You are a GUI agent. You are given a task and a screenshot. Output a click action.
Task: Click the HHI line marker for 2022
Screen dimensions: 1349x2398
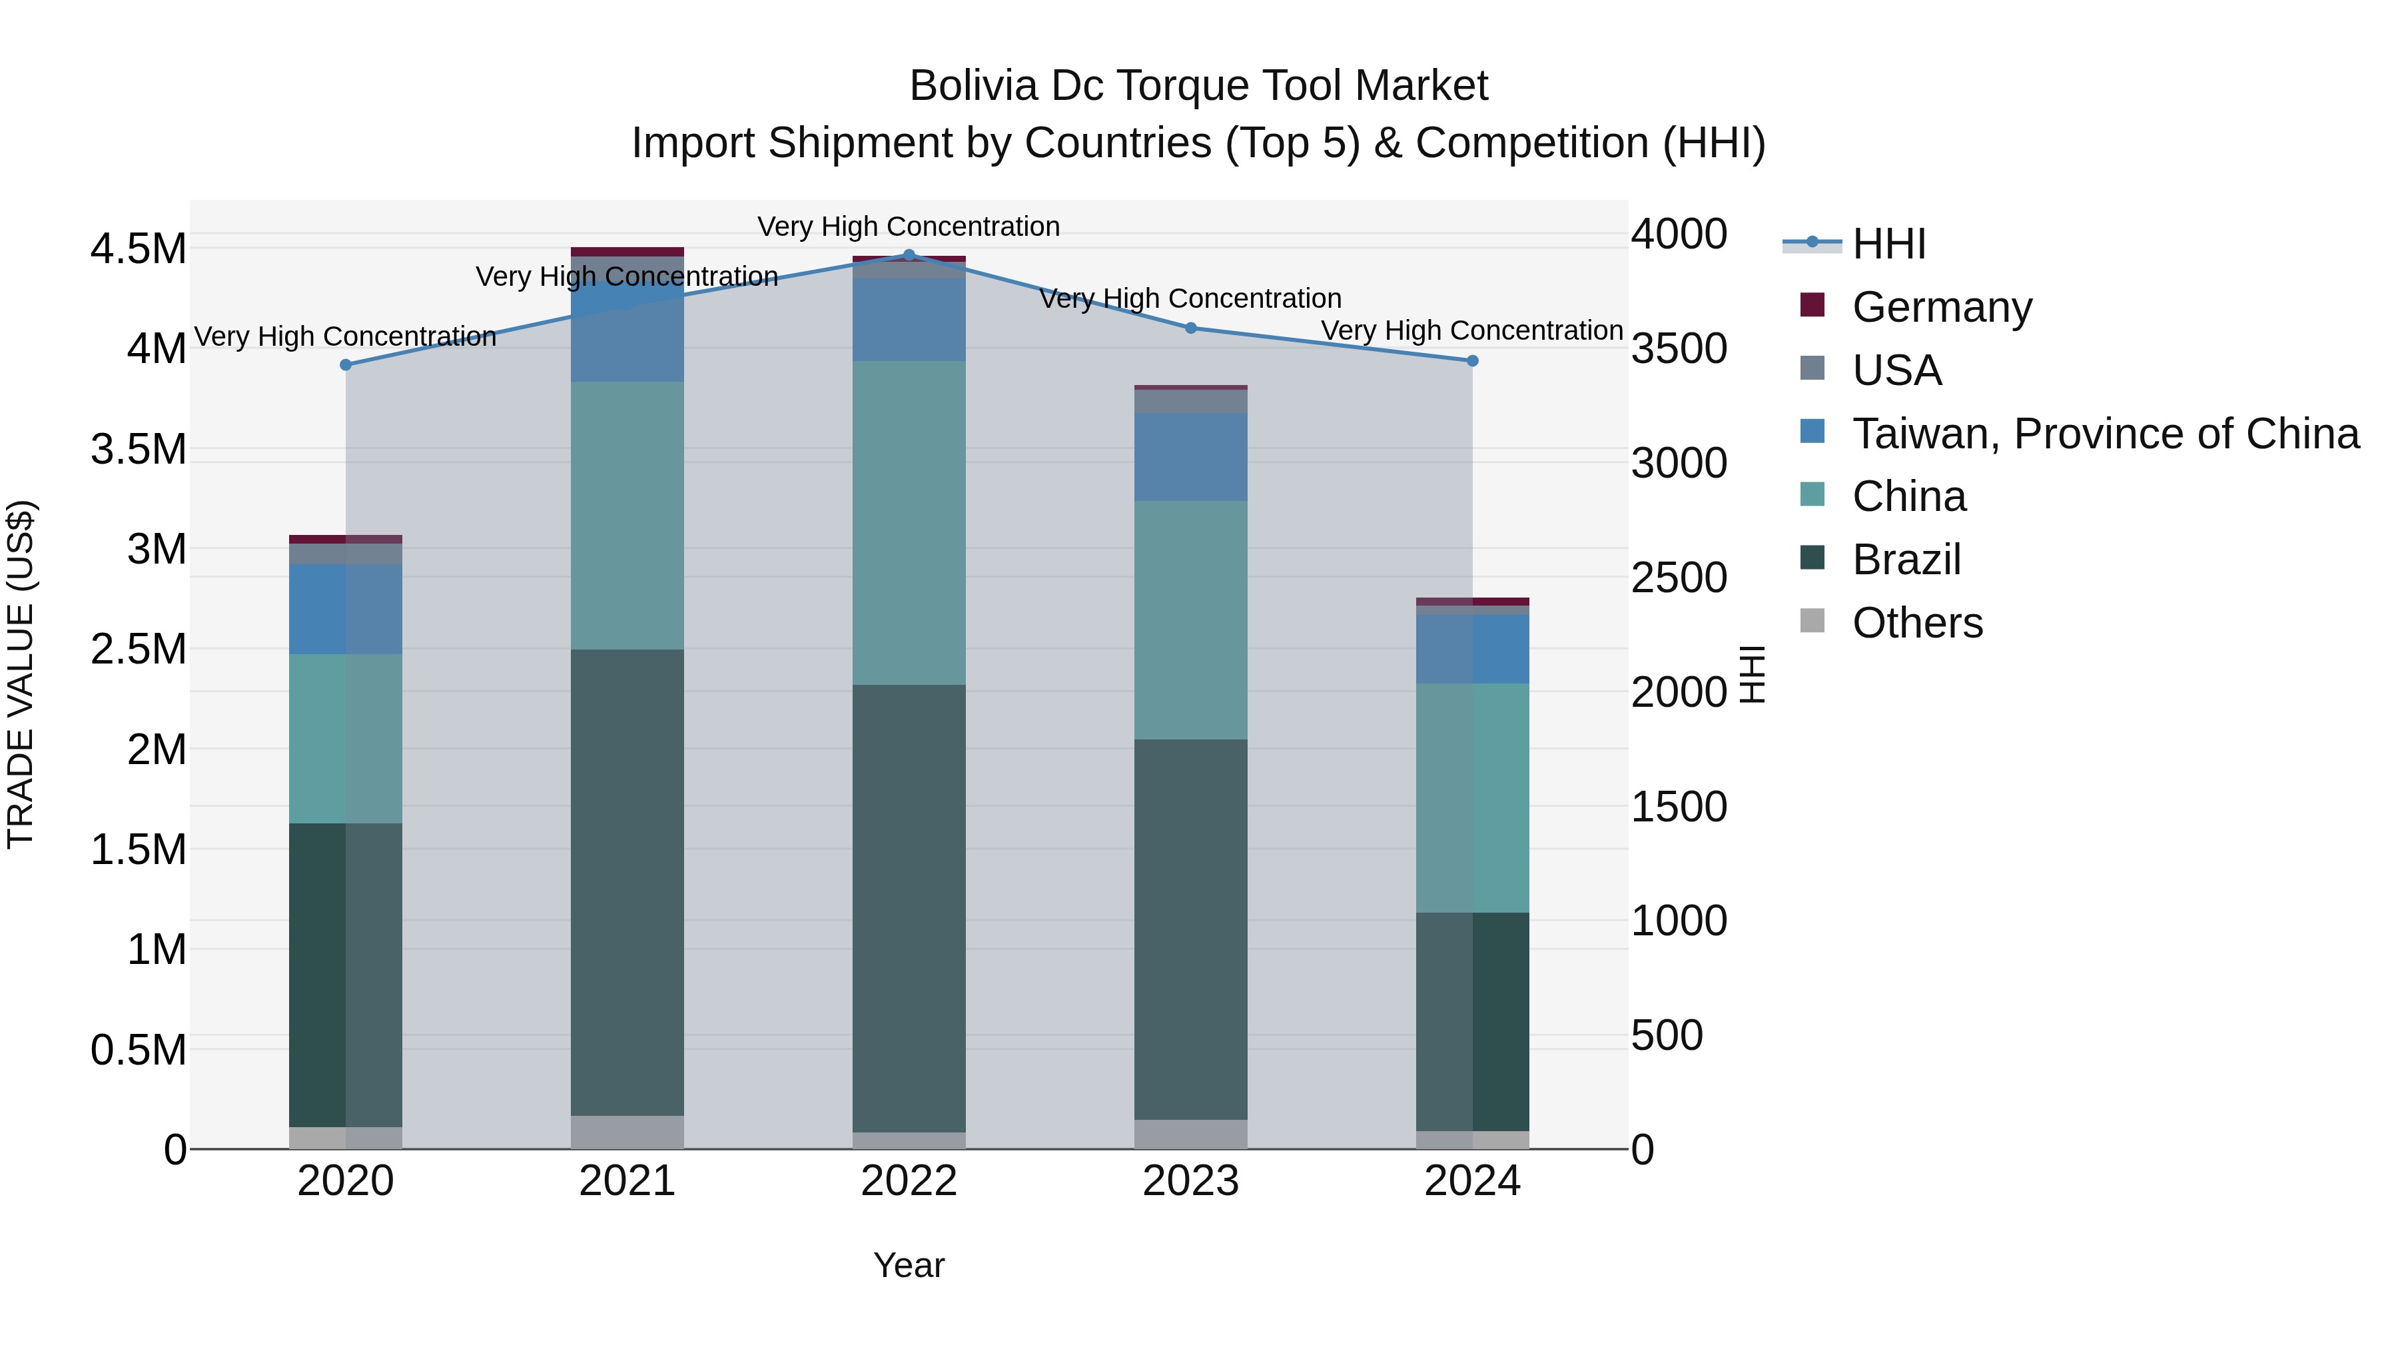pos(909,255)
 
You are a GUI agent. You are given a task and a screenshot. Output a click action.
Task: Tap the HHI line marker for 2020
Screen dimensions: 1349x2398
pos(345,365)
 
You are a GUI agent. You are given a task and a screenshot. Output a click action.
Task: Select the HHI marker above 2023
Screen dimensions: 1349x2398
pos(1190,328)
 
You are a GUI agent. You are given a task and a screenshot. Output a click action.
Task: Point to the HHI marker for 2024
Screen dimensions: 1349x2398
pos(1473,360)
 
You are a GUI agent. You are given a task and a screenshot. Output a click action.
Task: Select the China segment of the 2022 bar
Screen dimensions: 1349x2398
pos(909,522)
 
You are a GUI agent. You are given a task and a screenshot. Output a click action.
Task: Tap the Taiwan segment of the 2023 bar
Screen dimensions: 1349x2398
pos(1190,457)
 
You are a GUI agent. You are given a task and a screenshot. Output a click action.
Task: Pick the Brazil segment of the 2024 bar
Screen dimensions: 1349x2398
pos(1473,1021)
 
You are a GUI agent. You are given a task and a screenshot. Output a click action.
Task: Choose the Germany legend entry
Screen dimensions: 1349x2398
pos(1941,307)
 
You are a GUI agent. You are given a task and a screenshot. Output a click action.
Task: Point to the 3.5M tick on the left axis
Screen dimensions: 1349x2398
pos(138,450)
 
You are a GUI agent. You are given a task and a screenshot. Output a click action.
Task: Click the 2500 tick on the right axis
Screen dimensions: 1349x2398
pos(1679,578)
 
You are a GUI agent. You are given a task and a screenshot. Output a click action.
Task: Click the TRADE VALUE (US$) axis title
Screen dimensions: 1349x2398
pos(21,674)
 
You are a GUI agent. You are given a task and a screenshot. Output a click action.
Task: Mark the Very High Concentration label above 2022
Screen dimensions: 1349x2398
pos(909,227)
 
